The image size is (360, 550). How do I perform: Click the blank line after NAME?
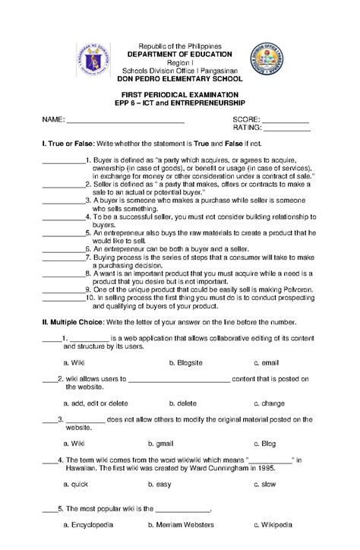pyautogui.click(x=125, y=120)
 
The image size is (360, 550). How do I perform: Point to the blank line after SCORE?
pyautogui.click(x=285, y=120)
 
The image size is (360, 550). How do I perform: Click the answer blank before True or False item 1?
pyautogui.click(x=64, y=161)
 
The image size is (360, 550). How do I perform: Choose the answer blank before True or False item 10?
pyautogui.click(x=62, y=298)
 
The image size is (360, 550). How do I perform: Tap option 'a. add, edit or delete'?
pyautogui.click(x=96, y=403)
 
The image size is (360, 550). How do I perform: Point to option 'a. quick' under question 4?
pyautogui.click(x=77, y=483)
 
